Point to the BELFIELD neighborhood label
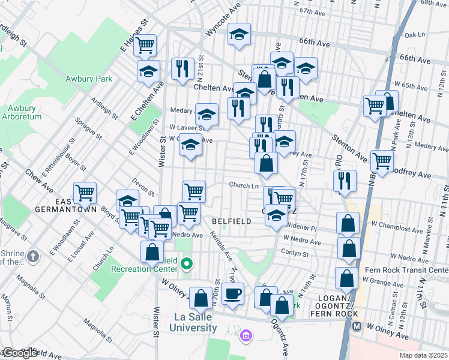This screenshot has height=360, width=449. [231, 221]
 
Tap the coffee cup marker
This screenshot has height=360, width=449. [232, 294]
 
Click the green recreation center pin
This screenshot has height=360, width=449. [187, 263]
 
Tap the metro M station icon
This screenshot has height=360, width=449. [356, 327]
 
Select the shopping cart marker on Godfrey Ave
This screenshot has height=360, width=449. [382, 161]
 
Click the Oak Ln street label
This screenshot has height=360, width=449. [414, 35]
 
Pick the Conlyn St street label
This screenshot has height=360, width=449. [295, 254]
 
